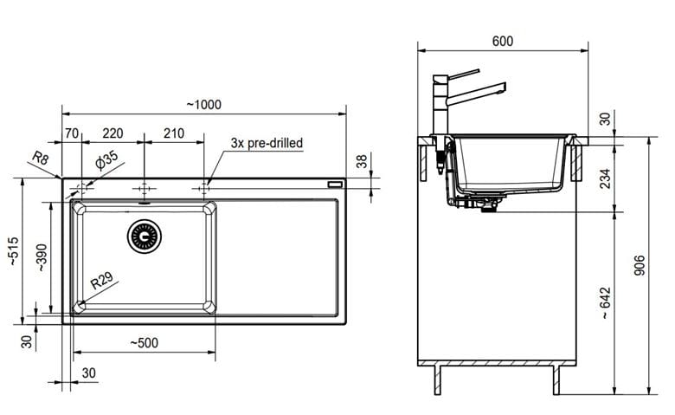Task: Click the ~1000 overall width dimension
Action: pos(204,105)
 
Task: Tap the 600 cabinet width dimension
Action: pos(503,41)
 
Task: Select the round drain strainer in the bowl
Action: pos(145,237)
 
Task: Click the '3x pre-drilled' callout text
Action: pos(267,143)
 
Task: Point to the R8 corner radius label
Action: pos(41,159)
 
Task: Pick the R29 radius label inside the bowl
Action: pos(101,280)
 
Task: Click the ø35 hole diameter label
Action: pos(106,160)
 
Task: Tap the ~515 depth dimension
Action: pos(13,251)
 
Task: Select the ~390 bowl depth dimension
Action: pos(42,257)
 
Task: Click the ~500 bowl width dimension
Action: pos(145,343)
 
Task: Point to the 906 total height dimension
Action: pos(640,265)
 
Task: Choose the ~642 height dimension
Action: pos(605,303)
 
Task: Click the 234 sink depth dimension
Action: pos(605,178)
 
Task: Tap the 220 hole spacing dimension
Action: pos(112,133)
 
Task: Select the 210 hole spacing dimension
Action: pos(174,133)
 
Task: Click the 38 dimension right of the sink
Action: pos(362,161)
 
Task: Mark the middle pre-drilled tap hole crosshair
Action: pos(145,188)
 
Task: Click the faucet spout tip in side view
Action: pos(503,88)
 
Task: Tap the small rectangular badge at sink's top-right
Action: pos(335,185)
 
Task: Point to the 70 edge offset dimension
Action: pos(72,133)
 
